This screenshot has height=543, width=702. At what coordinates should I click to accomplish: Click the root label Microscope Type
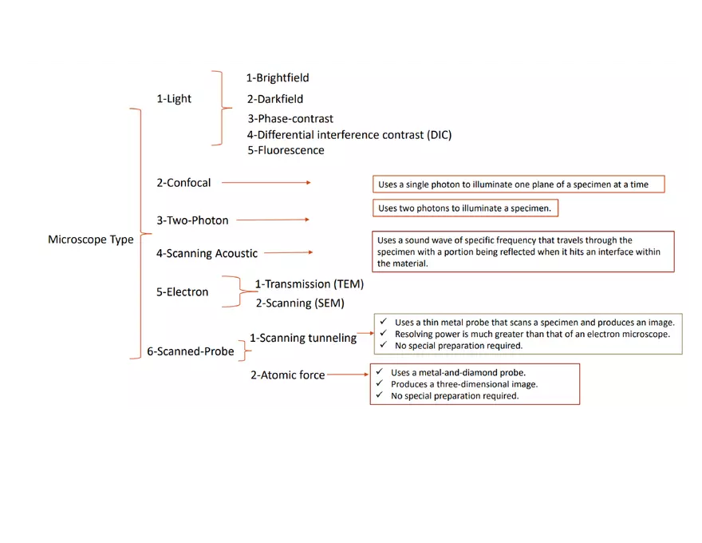(x=90, y=240)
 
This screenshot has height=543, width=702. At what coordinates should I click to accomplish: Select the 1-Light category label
(x=174, y=99)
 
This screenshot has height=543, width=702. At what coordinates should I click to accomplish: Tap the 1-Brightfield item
(x=277, y=78)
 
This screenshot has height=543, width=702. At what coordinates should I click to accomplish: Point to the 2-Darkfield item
(x=274, y=100)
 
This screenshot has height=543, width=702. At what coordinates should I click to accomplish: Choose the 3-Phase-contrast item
(x=290, y=119)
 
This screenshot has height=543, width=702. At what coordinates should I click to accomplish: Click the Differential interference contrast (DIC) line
(x=349, y=135)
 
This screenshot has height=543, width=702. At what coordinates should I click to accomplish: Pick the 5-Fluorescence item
(x=286, y=150)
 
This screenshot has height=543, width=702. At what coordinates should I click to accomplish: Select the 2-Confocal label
(x=183, y=183)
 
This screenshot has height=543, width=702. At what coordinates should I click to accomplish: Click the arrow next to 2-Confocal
(x=266, y=183)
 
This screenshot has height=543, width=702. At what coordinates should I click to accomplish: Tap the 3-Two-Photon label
(x=192, y=220)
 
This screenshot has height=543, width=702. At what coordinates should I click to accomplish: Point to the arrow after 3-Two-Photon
(x=273, y=220)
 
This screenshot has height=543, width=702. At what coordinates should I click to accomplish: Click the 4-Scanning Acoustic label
(x=207, y=254)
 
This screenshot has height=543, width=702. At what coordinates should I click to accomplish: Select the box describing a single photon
(x=519, y=184)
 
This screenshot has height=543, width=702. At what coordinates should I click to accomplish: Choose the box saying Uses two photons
(x=465, y=208)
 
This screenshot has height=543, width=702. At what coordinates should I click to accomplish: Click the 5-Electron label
(x=182, y=292)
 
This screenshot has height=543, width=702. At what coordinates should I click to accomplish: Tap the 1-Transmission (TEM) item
(x=309, y=284)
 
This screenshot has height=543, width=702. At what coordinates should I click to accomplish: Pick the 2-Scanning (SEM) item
(x=300, y=303)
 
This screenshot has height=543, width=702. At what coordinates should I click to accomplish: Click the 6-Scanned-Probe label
(x=191, y=351)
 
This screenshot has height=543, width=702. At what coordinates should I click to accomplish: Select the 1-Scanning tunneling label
(x=303, y=338)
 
